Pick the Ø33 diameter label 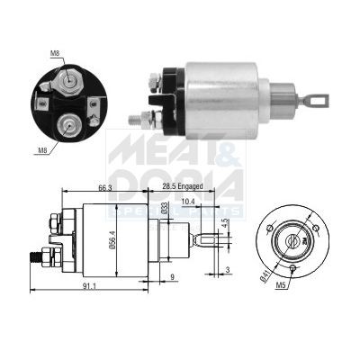click(165, 210)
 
